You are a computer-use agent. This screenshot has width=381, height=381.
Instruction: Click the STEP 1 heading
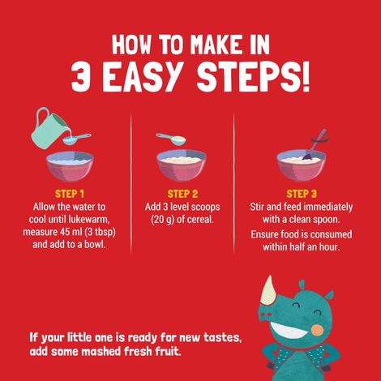[x=70, y=194]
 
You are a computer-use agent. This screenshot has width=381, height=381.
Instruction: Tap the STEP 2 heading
[x=182, y=194]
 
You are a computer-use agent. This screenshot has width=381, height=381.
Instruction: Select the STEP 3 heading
[x=302, y=194]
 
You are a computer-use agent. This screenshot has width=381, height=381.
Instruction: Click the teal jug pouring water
[x=49, y=127]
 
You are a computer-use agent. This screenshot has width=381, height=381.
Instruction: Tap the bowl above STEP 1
[x=70, y=166]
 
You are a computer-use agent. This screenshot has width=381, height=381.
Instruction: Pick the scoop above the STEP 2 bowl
[x=171, y=139]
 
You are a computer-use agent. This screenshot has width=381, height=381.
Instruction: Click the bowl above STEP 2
[x=182, y=165]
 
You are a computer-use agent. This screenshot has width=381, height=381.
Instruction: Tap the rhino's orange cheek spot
[x=317, y=330]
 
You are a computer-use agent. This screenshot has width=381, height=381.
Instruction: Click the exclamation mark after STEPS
[x=305, y=76]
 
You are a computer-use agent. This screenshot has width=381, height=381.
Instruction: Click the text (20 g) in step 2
[x=162, y=220]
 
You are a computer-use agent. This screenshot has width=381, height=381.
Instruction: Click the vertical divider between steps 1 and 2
[x=131, y=183]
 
